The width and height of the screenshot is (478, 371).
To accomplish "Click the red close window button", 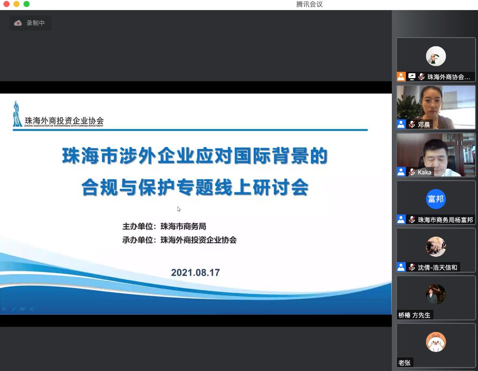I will (x=6, y=4).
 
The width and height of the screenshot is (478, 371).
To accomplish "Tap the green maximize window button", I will (x=26, y=4).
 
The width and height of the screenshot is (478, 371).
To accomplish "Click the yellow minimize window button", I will (x=16, y=4).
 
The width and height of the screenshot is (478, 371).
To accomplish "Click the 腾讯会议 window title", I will (x=309, y=4).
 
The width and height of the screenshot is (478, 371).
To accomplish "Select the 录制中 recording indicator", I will (x=30, y=23).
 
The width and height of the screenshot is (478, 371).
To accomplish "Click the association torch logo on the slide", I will (x=17, y=114).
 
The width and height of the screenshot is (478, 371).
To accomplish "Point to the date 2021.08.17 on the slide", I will (x=195, y=272).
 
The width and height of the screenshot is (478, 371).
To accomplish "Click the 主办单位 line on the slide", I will (x=164, y=226).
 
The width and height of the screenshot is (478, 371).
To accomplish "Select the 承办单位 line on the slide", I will (x=179, y=240).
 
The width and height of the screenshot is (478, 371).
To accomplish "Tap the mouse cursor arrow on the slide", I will (x=179, y=209).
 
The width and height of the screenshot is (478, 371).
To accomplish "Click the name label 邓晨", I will (x=424, y=124).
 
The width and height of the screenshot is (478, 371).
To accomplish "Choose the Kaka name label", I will (x=425, y=172).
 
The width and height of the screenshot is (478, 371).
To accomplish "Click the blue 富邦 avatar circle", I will (x=436, y=199).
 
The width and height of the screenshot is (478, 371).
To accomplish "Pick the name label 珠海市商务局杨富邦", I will (x=445, y=220).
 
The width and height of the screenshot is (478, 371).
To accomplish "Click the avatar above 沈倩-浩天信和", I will (x=436, y=247).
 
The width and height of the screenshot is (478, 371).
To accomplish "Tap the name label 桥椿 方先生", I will (x=414, y=315).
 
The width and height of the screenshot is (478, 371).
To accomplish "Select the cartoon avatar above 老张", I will (x=436, y=342).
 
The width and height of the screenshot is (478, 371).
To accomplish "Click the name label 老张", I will (x=404, y=363).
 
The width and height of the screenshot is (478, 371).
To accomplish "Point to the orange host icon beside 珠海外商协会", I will (x=401, y=77).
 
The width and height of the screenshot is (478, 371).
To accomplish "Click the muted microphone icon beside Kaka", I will (x=412, y=172).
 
